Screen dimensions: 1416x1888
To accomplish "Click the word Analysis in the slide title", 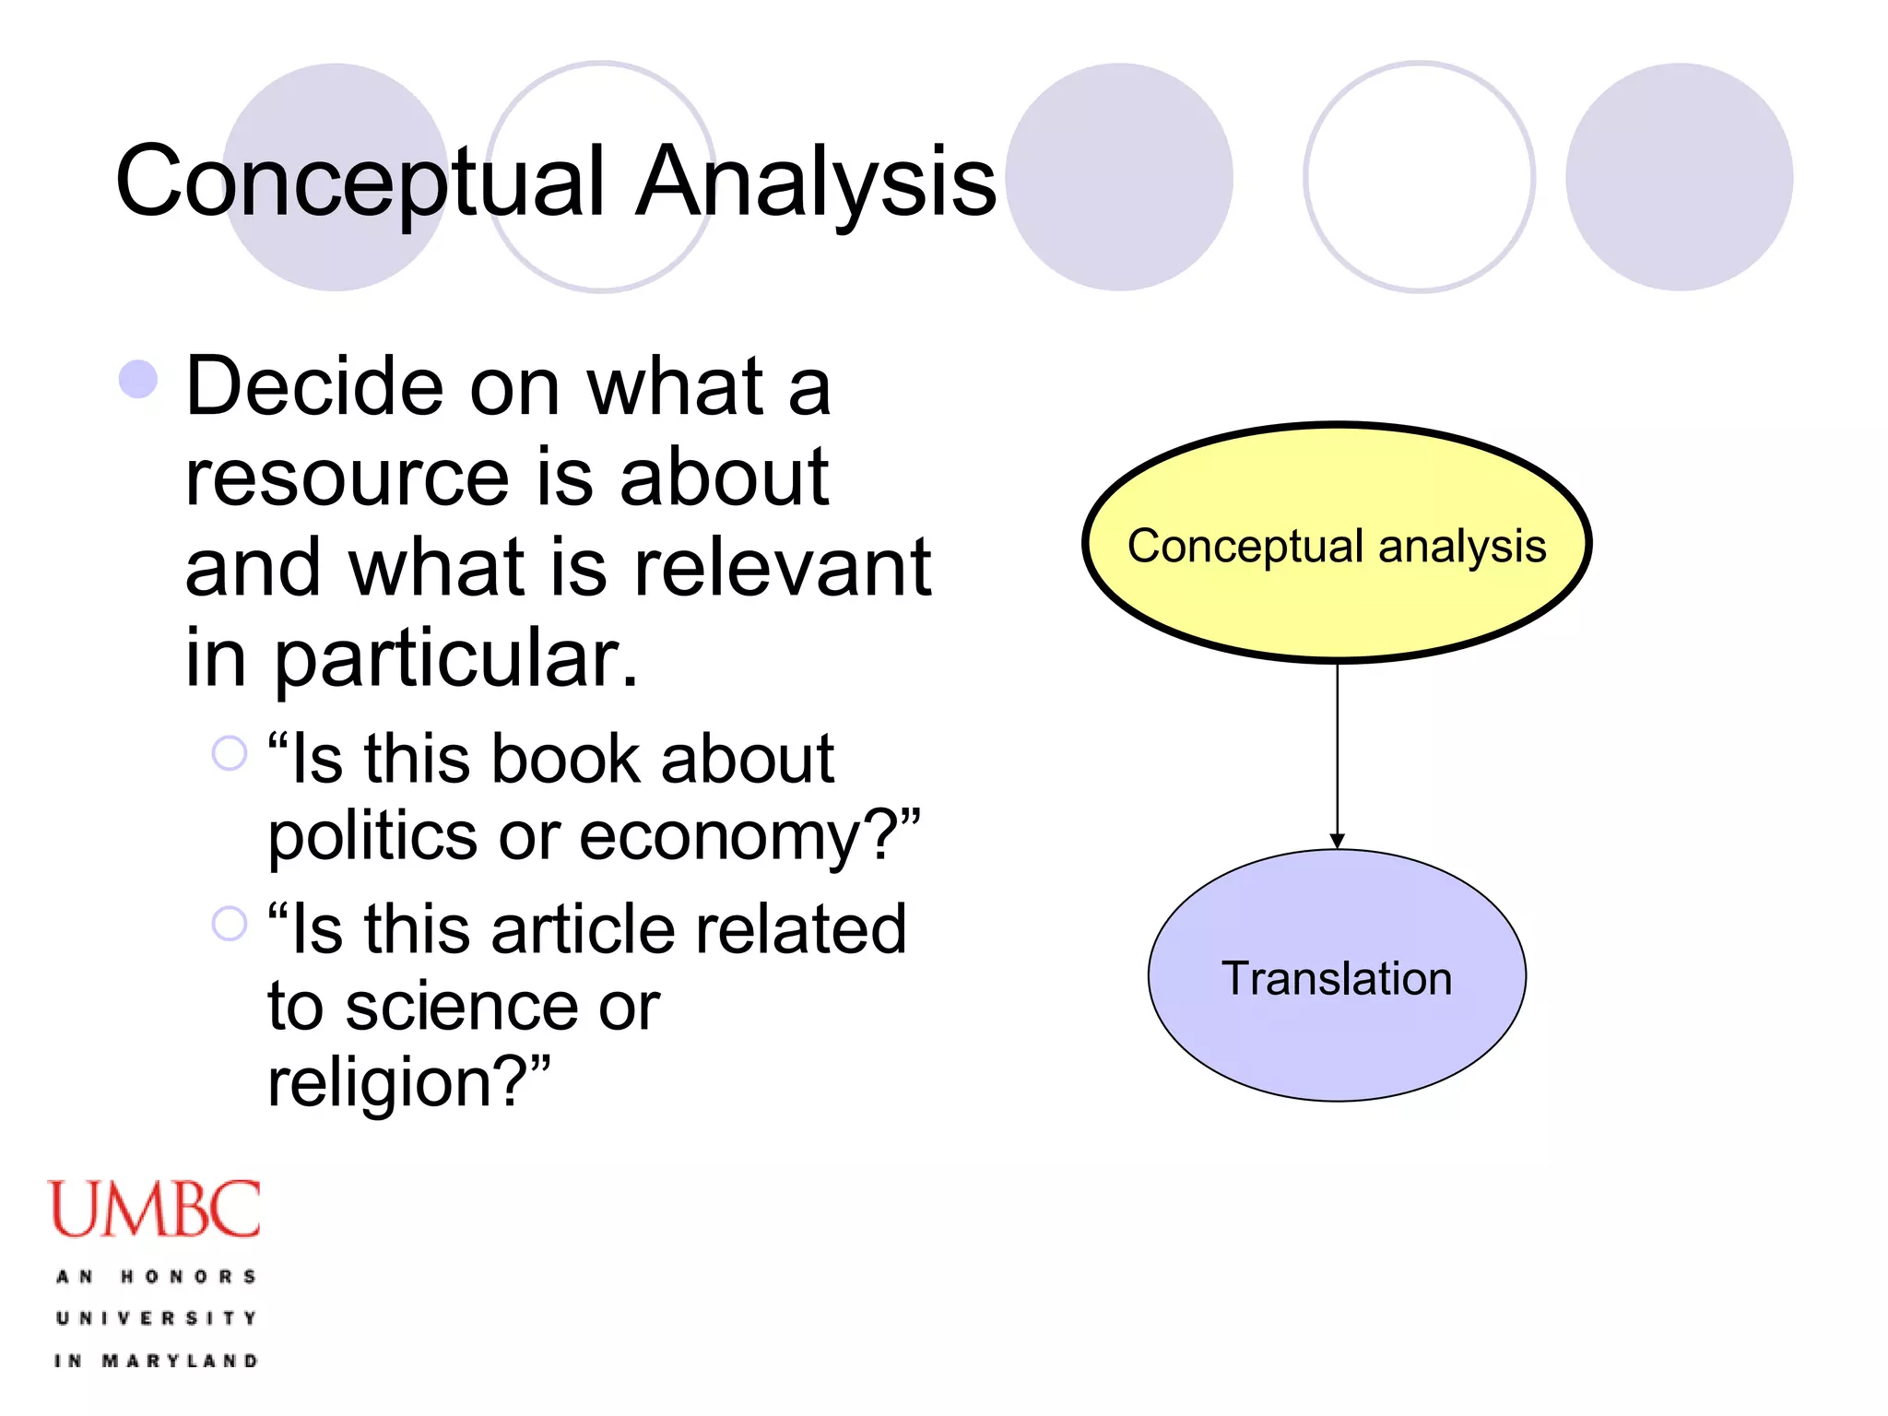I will pos(816,183).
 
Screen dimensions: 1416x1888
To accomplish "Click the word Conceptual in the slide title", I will pos(360,183).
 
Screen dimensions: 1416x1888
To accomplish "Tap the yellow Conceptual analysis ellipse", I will pos(1337,544).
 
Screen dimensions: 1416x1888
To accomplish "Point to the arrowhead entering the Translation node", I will pos(1337,840).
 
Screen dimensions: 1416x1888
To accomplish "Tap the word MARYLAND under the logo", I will pos(180,1361).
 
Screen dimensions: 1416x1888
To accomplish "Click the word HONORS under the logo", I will pos(189,1277).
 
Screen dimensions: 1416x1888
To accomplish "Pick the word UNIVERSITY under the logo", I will pos(157,1318).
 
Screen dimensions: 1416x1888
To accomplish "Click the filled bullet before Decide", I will pos(138,379).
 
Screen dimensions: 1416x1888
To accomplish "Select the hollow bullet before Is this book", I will pos(230,753).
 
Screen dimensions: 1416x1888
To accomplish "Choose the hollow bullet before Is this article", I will pos(230,923).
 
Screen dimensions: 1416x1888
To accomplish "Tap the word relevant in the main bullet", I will pos(784,568).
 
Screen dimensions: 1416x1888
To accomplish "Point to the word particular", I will pos(456,660).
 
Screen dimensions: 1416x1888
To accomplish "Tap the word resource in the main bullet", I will pos(347,478).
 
